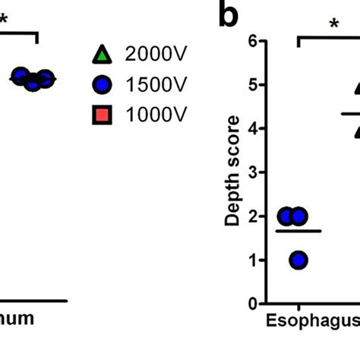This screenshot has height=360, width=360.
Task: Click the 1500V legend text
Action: coord(156,84)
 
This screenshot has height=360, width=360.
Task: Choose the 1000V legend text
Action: coord(156,115)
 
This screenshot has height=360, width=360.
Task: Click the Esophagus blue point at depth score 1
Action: coord(298,260)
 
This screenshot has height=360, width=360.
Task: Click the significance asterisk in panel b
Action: coord(333,24)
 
